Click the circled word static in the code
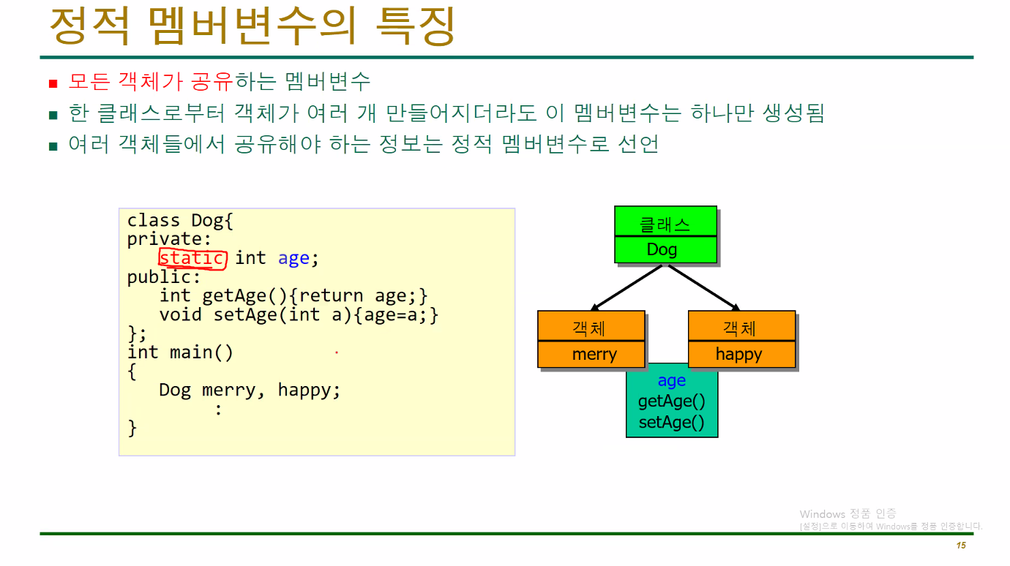192,258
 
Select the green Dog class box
665,235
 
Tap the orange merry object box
591,340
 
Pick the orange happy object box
741,340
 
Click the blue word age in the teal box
671,381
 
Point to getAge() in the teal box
671,401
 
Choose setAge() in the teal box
671,422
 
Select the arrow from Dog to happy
703,287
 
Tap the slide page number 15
961,546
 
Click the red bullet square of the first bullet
53,83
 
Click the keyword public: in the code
163,277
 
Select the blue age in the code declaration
293,258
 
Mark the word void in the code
180,314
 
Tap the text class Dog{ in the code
179,220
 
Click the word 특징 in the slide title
415,26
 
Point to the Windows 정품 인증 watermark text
848,514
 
